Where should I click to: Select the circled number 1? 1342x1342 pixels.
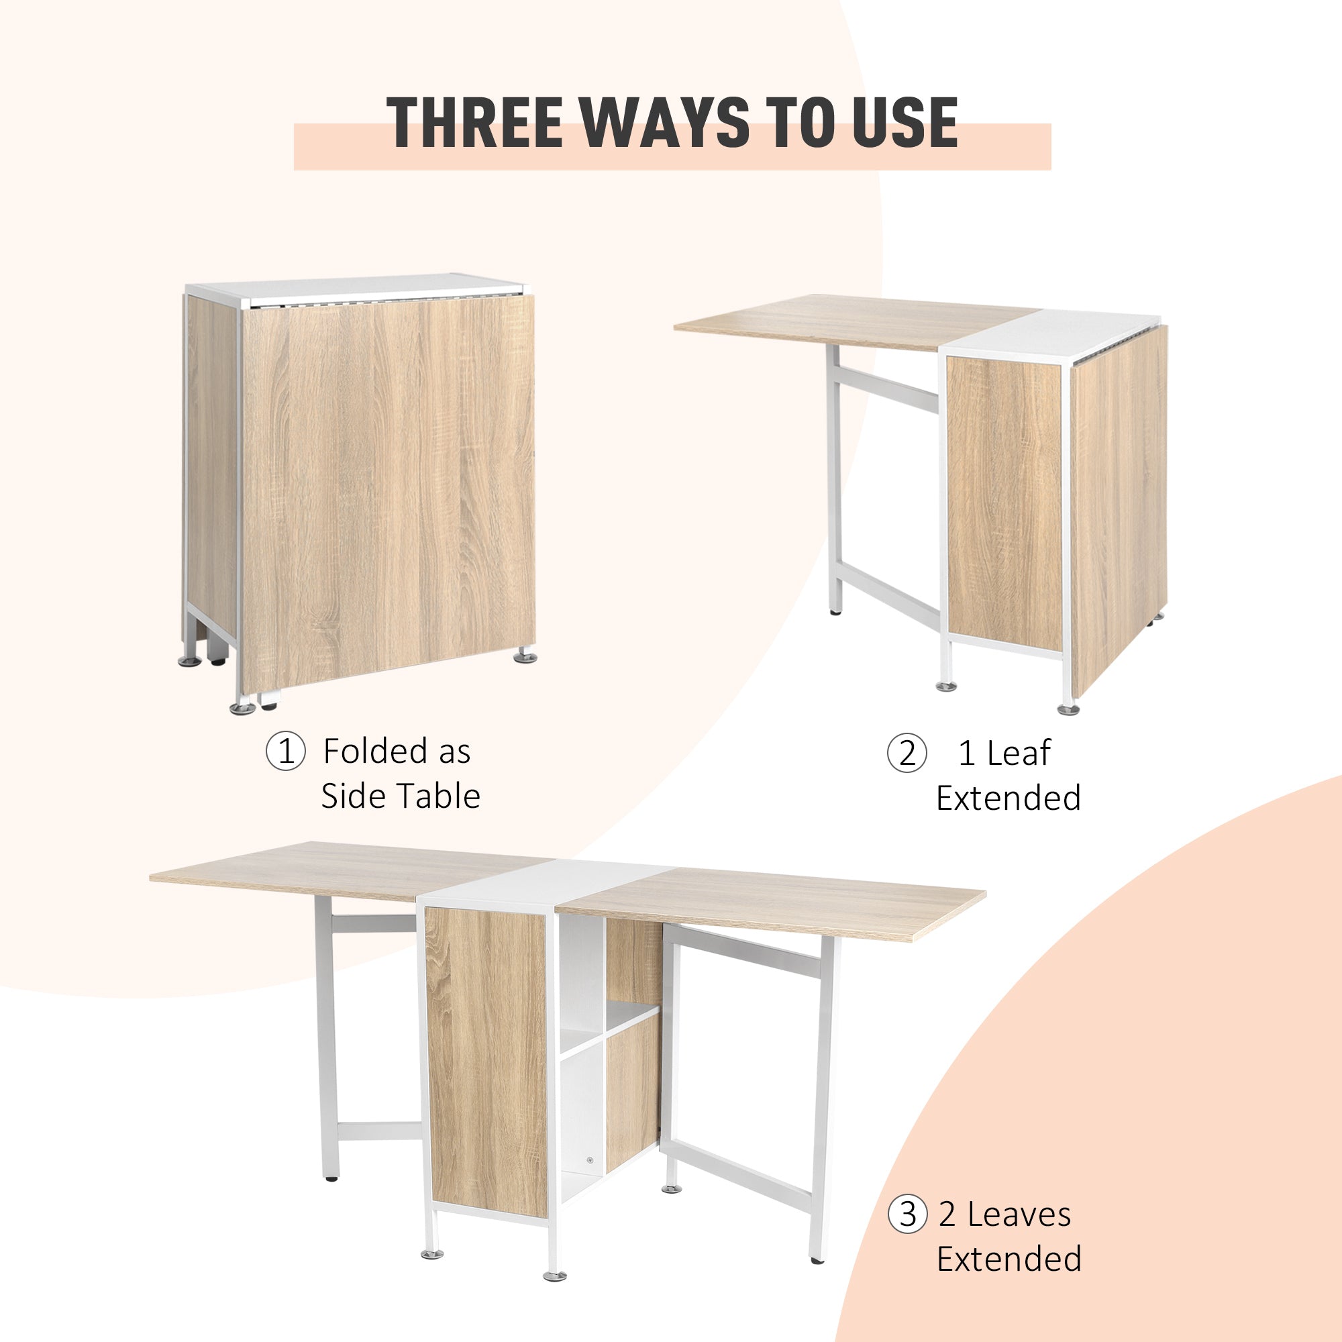(285, 752)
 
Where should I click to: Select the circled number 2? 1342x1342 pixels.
(907, 753)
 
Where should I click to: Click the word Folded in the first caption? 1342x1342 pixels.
(375, 752)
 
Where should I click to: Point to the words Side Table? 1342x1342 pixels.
(401, 796)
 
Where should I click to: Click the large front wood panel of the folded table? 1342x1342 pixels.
(389, 486)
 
